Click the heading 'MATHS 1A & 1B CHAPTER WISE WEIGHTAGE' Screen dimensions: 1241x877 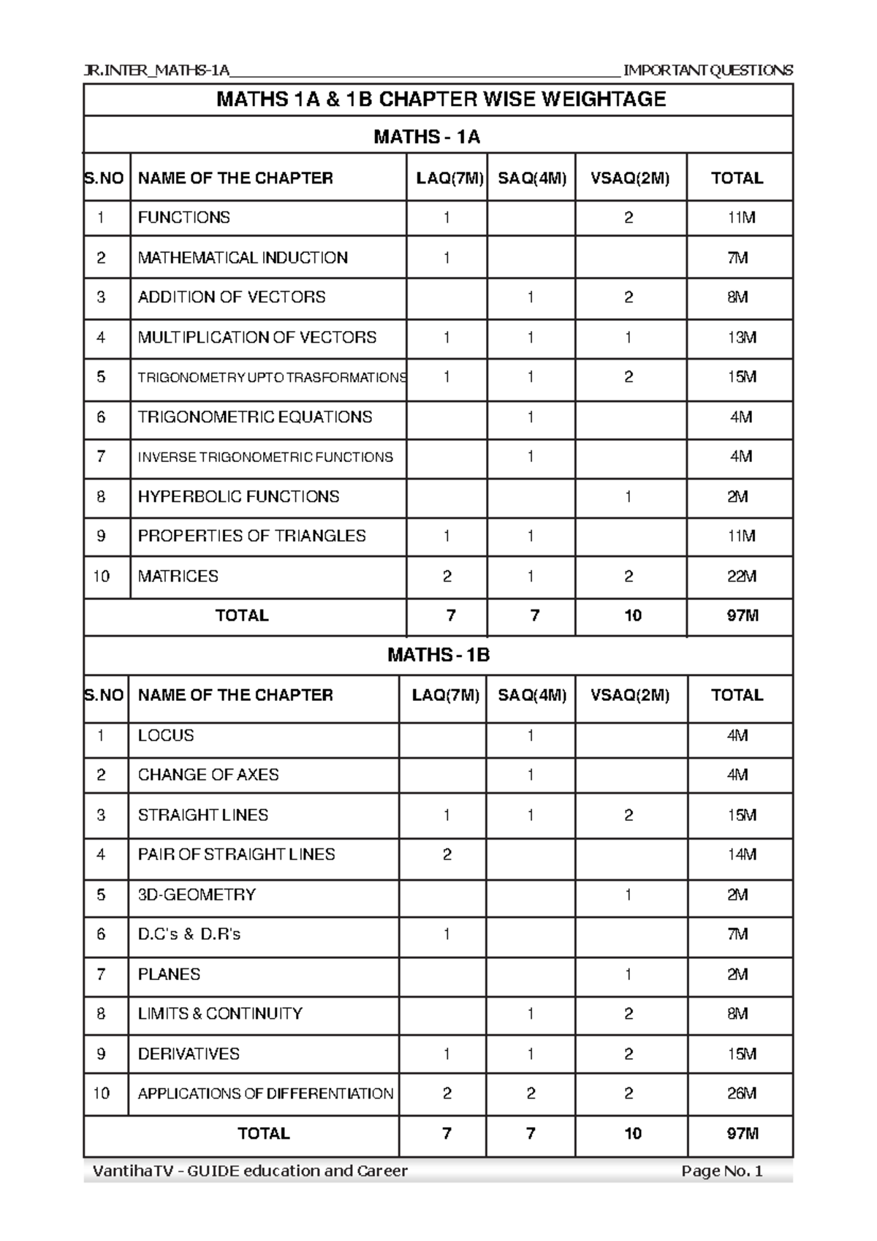440,99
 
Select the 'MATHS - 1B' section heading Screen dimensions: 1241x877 438,655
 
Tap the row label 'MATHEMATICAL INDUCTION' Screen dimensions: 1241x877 243,257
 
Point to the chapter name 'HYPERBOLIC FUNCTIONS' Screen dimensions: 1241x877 238,496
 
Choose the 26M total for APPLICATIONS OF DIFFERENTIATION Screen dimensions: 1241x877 741,1093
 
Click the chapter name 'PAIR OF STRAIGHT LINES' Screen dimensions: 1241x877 236,854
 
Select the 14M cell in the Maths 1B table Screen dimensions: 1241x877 741,854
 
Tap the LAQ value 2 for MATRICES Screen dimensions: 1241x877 447,576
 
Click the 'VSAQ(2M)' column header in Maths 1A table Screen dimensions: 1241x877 629,178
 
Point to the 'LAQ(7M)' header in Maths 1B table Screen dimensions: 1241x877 445,695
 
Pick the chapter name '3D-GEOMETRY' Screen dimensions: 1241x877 197,895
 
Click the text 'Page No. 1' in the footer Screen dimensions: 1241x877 721,1172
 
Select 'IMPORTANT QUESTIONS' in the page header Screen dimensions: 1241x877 707,70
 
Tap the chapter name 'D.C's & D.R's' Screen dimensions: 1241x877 189,934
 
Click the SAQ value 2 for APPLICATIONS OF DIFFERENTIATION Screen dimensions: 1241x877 531,1093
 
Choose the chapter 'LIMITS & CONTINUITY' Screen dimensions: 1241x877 220,1014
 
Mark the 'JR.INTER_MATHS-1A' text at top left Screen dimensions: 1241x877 157,70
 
